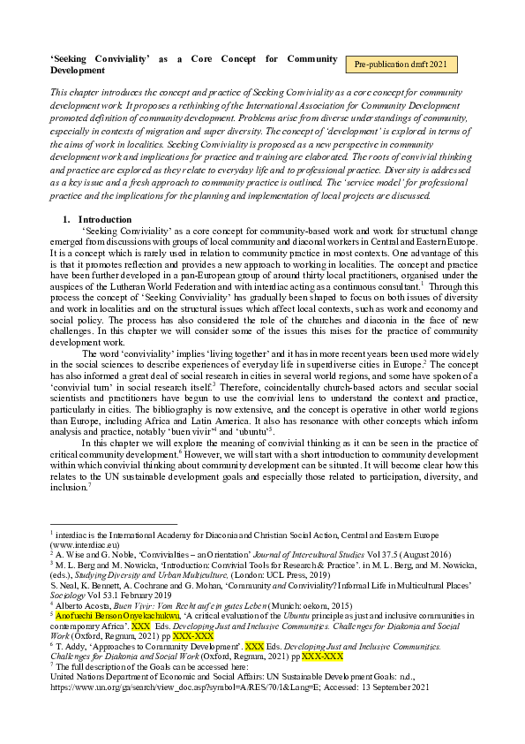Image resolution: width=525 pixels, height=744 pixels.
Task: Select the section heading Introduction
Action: (105, 219)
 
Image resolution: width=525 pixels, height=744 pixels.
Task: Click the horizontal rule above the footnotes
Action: (115, 524)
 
